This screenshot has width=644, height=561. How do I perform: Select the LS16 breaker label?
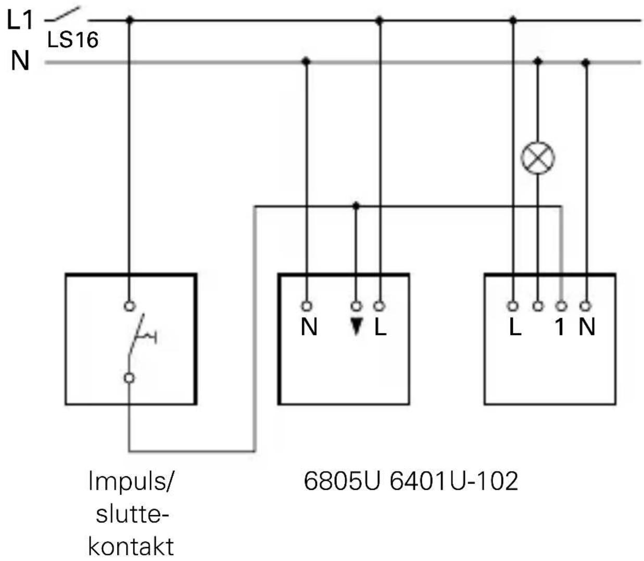tap(73, 40)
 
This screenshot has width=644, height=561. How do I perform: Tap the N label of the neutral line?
tap(20, 60)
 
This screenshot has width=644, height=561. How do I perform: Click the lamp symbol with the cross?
tap(538, 158)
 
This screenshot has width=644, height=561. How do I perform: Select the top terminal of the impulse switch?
tap(130, 306)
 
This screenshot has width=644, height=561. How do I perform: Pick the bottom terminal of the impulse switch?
tap(129, 378)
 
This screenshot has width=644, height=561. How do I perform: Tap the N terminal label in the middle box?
tap(309, 327)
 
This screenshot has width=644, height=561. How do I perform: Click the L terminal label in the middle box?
tap(380, 327)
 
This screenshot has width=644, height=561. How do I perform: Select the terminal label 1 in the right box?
tap(560, 327)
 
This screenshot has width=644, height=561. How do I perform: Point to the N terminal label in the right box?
tap(587, 327)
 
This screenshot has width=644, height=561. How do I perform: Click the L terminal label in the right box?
tap(515, 327)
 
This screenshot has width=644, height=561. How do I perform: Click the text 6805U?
tap(342, 481)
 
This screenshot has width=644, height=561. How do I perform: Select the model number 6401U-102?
tap(454, 481)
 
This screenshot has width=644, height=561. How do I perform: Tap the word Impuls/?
tap(131, 481)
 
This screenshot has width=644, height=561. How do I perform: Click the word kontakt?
tap(131, 546)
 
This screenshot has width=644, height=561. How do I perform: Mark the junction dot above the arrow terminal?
tap(356, 206)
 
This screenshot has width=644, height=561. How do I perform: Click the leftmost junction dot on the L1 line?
tap(129, 20)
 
